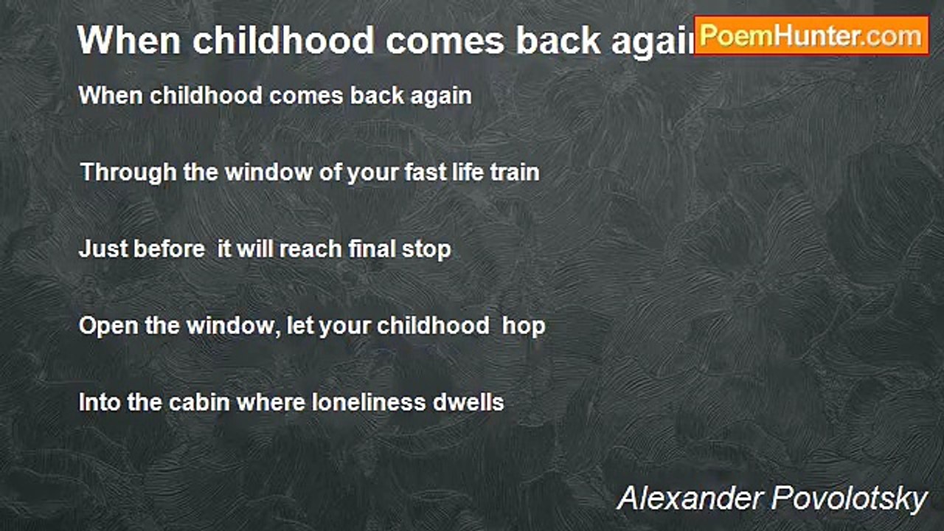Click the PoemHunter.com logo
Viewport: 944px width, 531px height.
[811, 35]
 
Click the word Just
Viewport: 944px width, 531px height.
[103, 249]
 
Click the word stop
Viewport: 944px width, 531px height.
[426, 250]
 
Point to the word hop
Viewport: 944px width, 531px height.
[524, 326]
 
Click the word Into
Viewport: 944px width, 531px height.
[98, 403]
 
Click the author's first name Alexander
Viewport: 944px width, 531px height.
[690, 499]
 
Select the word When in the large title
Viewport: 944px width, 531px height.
[129, 40]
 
